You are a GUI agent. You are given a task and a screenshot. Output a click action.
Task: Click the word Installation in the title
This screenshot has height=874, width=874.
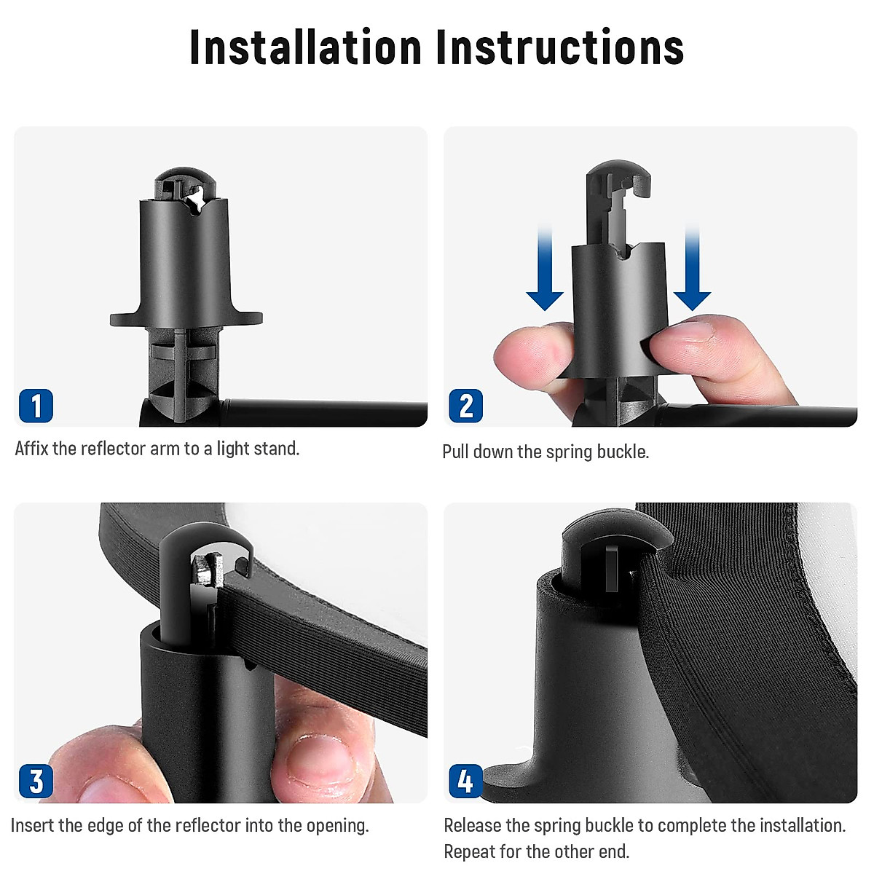click(x=306, y=47)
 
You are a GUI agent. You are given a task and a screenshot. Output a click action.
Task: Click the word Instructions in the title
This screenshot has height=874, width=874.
click(x=560, y=47)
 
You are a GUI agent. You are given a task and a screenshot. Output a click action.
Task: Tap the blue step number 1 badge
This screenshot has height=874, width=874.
click(x=36, y=406)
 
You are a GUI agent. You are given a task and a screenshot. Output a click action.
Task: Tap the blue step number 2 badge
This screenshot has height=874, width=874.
click(x=466, y=406)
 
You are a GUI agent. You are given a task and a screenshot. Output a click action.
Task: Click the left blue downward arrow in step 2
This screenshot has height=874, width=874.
click(x=545, y=267)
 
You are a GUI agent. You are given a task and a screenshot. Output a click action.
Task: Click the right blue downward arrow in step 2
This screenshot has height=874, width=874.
click(x=692, y=267)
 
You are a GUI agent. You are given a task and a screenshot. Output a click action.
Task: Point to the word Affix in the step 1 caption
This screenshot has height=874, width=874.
click(x=31, y=449)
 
